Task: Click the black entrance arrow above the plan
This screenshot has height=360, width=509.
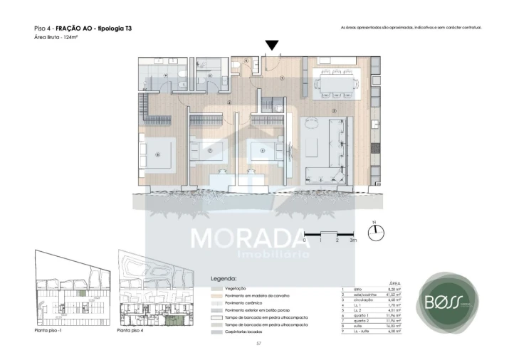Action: click(272, 46)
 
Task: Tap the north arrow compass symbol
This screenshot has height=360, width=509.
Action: click(379, 233)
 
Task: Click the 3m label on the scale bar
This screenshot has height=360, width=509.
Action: click(352, 240)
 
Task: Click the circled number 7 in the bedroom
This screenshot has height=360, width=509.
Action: click(210, 150)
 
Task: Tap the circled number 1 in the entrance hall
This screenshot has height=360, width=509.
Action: click(282, 78)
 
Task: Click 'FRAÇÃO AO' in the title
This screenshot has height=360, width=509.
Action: click(75, 28)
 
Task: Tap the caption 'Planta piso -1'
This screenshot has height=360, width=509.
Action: click(51, 331)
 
